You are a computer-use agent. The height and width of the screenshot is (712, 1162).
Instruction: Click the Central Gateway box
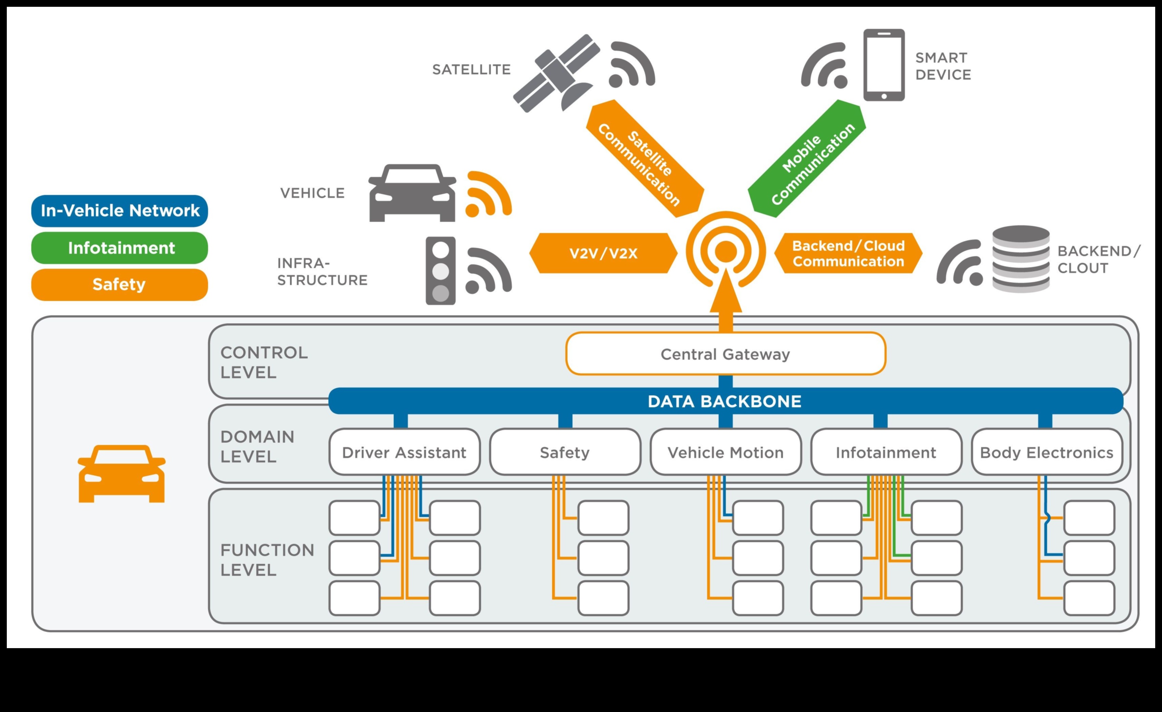pyautogui.click(x=725, y=354)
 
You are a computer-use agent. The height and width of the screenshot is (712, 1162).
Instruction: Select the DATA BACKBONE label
pyautogui.click(x=724, y=402)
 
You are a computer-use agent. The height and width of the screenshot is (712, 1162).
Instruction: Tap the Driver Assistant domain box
pyautogui.click(x=404, y=452)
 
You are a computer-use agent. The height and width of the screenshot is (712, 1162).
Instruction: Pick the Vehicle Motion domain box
pyautogui.click(x=725, y=452)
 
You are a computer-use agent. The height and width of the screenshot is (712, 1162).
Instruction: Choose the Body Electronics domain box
pyautogui.click(x=1046, y=452)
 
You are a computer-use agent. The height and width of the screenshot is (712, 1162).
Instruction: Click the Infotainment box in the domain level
pyautogui.click(x=886, y=452)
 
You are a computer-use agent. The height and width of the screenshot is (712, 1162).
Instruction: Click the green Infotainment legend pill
pyautogui.click(x=120, y=248)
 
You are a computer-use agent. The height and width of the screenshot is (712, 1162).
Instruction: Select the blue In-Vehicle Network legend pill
pyautogui.click(x=120, y=211)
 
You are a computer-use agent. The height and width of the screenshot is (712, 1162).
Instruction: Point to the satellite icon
pyautogui.click(x=557, y=73)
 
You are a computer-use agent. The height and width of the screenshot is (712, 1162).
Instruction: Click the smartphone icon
pyautogui.click(x=884, y=65)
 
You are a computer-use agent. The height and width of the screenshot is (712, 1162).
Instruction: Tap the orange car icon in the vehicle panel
pyautogui.click(x=122, y=474)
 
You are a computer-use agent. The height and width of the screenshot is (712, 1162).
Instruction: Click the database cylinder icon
pyautogui.click(x=1021, y=259)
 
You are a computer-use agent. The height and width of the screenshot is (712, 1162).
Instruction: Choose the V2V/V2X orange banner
pyautogui.click(x=603, y=253)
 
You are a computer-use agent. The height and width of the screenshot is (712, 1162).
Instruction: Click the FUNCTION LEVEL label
pyautogui.click(x=267, y=560)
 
